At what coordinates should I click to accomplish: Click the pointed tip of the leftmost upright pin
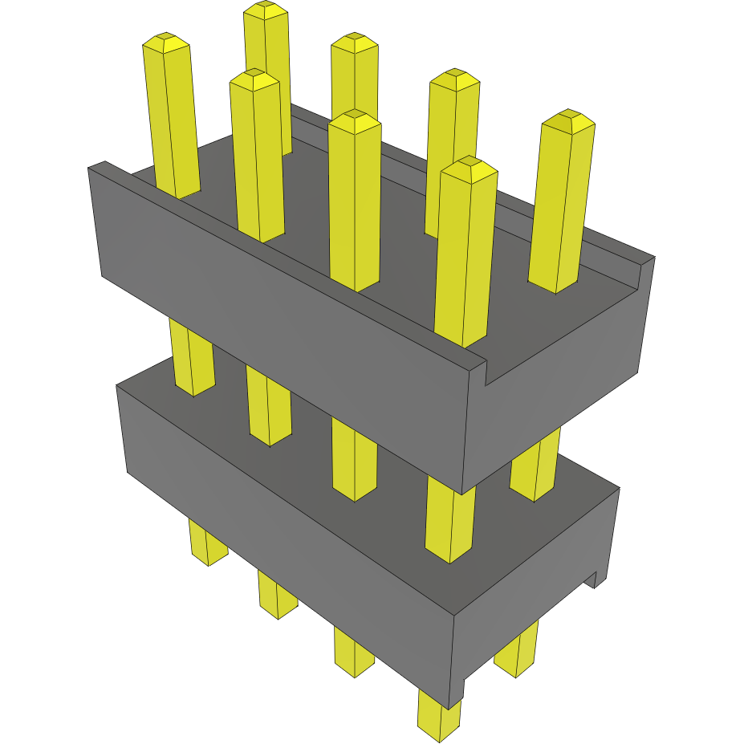click(x=166, y=38)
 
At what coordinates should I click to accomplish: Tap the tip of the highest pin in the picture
click(x=266, y=6)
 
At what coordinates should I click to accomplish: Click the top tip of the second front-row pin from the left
click(x=254, y=74)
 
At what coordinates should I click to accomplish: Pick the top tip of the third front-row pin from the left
click(x=354, y=116)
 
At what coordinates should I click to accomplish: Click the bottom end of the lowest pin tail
click(x=440, y=734)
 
